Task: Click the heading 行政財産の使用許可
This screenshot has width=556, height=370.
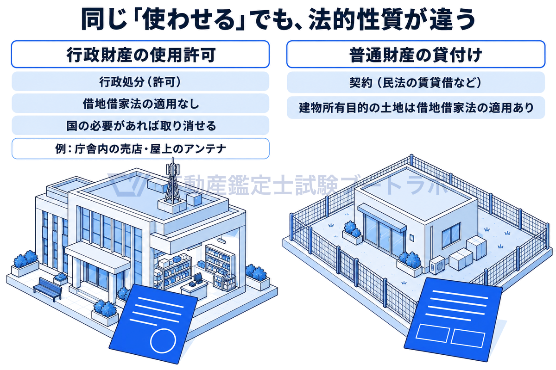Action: coord(140,55)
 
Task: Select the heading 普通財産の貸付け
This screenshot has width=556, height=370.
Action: coord(416,55)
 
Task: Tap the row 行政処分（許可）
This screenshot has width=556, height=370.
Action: coord(140,81)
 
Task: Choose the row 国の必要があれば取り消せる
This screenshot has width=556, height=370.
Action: coord(140,125)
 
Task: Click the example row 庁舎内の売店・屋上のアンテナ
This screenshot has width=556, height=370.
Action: coord(140,149)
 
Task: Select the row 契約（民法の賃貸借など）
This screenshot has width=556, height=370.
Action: coord(416,82)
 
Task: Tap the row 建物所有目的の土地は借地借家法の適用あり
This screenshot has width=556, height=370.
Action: coord(416,108)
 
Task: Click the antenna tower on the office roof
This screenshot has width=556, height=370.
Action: coord(173,184)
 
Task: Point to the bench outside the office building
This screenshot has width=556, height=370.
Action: coord(48,289)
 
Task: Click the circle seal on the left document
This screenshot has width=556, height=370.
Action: coord(163,341)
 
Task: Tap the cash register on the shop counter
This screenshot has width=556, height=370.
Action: coord(197,278)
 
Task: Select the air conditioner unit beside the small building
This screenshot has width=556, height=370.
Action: coord(437,265)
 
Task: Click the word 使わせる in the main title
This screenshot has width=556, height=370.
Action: coord(189,19)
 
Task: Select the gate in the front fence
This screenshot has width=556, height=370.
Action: coord(347,265)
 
